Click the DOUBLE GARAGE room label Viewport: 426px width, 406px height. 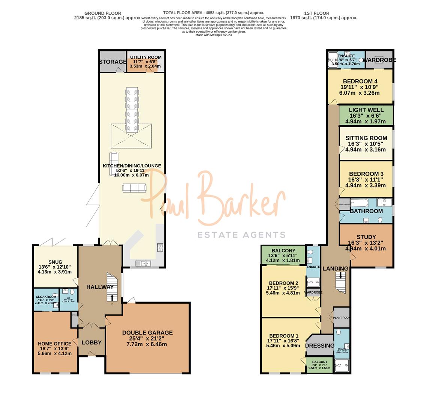pos(147,333)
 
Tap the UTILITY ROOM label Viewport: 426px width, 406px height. pos(146,58)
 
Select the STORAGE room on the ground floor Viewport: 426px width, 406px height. pos(113,62)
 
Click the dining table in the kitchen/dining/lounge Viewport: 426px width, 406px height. pos(132,110)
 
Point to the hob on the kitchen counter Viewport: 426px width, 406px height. pos(160,247)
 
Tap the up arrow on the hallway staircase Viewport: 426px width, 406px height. pos(111,297)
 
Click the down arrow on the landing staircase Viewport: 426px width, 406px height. pos(341,275)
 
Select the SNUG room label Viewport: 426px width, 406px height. pos(55,262)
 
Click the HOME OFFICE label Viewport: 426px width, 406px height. pos(54,344)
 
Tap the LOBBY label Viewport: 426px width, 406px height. pos(92,342)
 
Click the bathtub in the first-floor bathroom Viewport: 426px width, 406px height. pos(360,203)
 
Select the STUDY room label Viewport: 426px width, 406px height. pos(366,237)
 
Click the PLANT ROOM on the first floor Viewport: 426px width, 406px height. pos(341,318)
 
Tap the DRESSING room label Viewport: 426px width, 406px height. pos(320,345)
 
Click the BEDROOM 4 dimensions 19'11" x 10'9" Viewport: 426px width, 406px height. pos(360,87)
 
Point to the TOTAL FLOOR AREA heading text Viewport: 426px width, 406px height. pos(214,13)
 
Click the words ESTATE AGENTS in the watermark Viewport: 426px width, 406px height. pos(241,235)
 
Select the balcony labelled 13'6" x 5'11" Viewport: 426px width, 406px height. pos(283,255)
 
